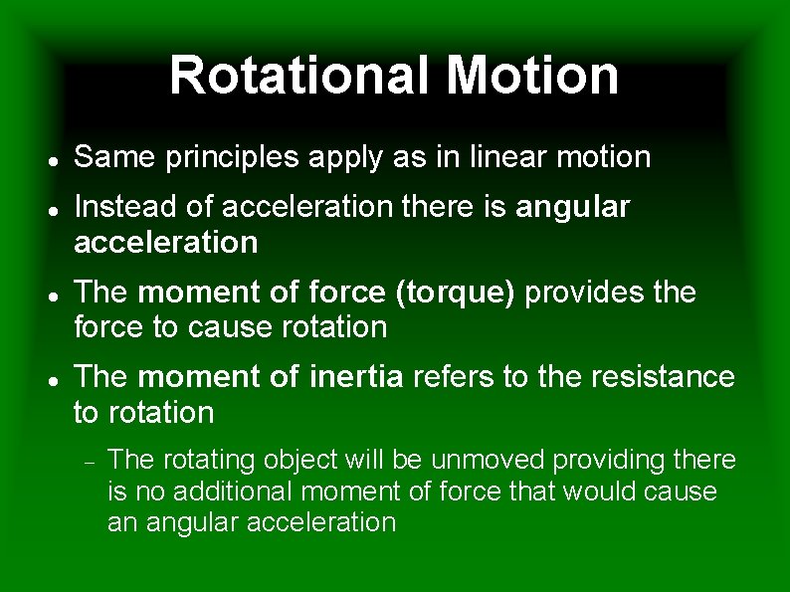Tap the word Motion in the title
[x=532, y=76]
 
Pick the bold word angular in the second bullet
[x=573, y=207]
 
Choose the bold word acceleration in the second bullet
[x=166, y=242]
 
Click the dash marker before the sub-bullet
[x=89, y=461]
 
